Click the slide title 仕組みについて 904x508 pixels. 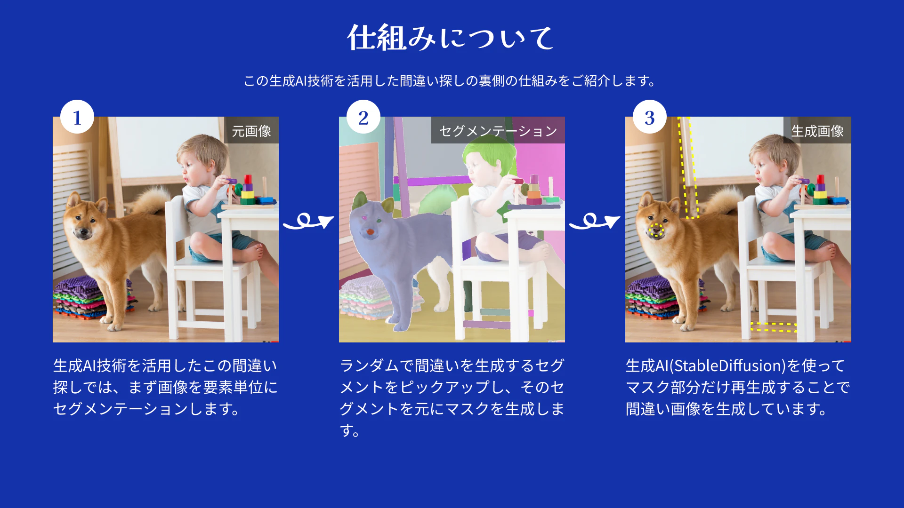pos(451,37)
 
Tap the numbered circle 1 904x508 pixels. pos(77,117)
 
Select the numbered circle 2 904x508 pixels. pos(363,117)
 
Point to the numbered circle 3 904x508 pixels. pos(650,117)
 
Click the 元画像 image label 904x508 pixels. pos(251,131)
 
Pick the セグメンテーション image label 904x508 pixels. pos(498,131)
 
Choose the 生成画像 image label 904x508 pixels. pos(817,131)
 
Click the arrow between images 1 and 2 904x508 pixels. pos(308,221)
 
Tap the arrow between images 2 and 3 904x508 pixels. pos(595,221)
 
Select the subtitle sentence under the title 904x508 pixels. pos(451,81)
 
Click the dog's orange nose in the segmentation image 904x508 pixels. pos(371,232)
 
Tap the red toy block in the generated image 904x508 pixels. pos(820,179)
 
